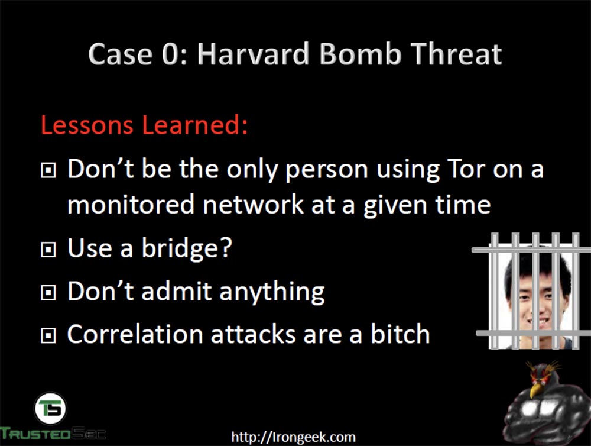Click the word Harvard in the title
pyautogui.click(x=254, y=54)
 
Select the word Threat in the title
pyautogui.click(x=456, y=54)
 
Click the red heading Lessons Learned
pyautogui.click(x=144, y=124)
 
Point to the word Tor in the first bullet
pyautogui.click(x=466, y=169)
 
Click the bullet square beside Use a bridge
pyautogui.click(x=48, y=250)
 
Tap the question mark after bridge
pyautogui.click(x=225, y=247)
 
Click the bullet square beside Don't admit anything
pyautogui.click(x=48, y=292)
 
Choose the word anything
pyautogui.click(x=272, y=292)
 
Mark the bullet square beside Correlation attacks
pyautogui.click(x=48, y=335)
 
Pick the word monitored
pyautogui.click(x=131, y=205)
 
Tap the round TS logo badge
pyautogui.click(x=50, y=408)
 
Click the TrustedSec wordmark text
pyautogui.click(x=53, y=434)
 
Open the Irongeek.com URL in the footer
pyautogui.click(x=293, y=437)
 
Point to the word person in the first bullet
pyautogui.click(x=326, y=170)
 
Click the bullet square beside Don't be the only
pyautogui.click(x=48, y=170)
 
